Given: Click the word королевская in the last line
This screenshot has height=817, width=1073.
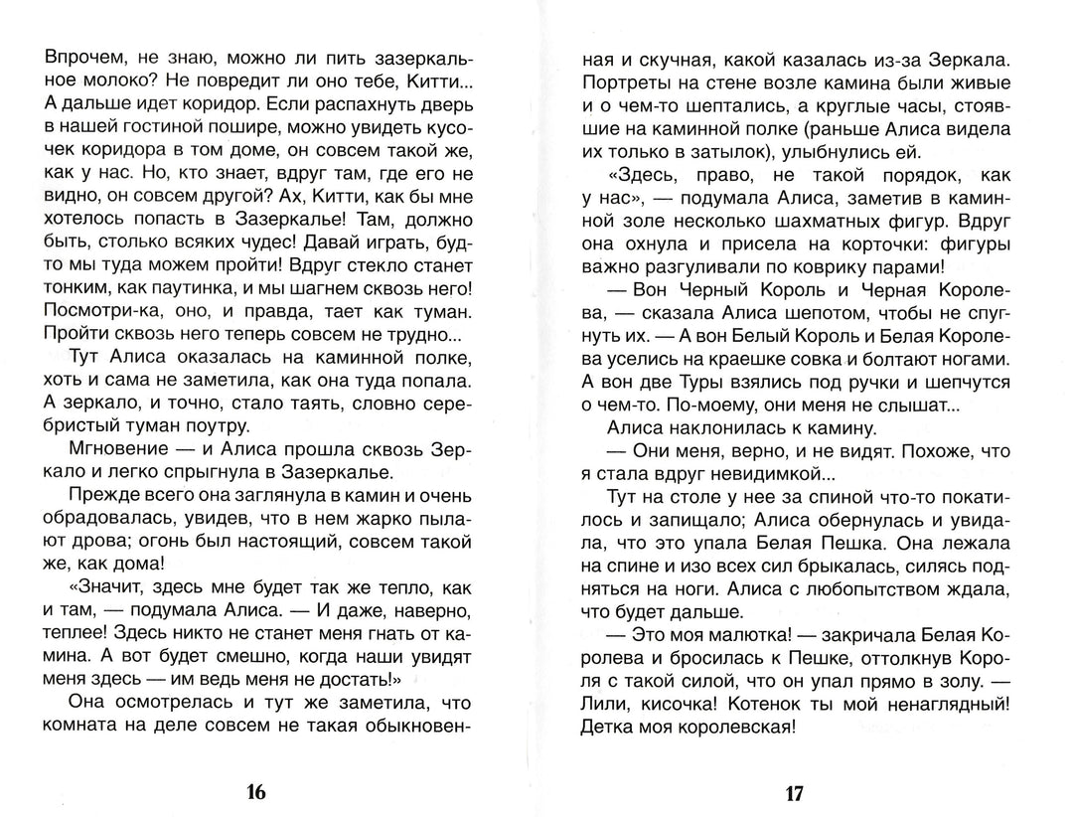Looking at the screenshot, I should click(x=731, y=728).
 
